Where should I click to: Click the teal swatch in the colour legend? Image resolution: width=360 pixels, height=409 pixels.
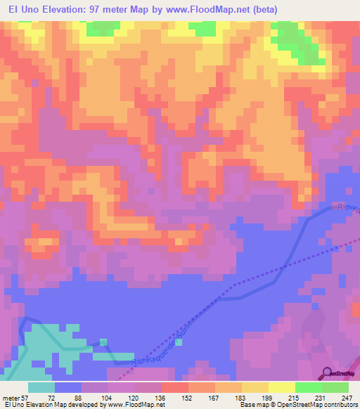point(41,387)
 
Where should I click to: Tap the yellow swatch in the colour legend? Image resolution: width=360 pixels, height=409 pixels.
point(282,387)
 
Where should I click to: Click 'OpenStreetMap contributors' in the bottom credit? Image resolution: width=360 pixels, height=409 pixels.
point(313,405)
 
